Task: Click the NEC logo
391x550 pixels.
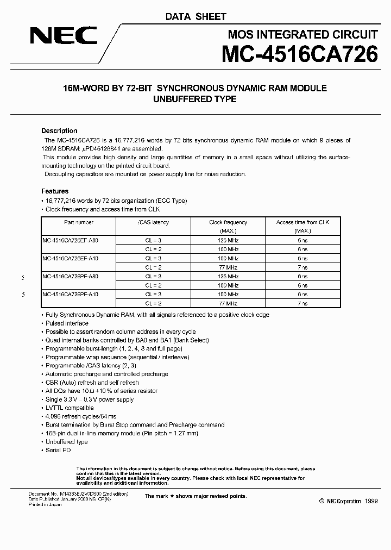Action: [64, 37]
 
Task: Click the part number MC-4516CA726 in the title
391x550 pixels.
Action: [299, 55]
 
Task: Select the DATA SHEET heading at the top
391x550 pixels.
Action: [195, 17]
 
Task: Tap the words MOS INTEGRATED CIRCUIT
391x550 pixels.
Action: [302, 35]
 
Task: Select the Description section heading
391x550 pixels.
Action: [59, 131]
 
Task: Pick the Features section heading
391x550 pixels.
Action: [55, 191]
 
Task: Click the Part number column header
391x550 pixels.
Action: [79, 222]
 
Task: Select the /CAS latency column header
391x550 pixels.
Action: [153, 222]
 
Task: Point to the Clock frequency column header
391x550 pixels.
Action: [228, 222]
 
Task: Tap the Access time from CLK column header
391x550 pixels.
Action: [302, 222]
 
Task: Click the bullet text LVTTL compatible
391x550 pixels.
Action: [70, 408]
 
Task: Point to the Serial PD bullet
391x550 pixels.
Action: [58, 450]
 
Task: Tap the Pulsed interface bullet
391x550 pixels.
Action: [67, 323]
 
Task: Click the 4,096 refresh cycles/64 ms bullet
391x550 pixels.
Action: [80, 416]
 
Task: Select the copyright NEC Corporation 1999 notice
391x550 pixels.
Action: [348, 501]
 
